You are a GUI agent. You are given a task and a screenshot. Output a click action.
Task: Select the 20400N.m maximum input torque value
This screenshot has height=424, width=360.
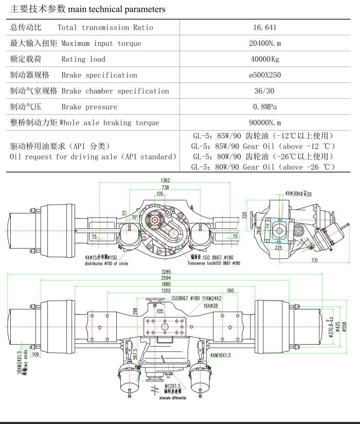[264, 43]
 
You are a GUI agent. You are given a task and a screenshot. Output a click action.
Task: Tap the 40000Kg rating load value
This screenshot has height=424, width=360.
[264, 59]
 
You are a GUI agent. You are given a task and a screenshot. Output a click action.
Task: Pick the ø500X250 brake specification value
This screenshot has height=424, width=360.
[264, 75]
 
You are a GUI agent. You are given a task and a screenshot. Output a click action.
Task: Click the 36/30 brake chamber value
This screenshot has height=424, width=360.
[264, 91]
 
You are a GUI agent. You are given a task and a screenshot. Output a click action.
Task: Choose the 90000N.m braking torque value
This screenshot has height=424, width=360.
[264, 123]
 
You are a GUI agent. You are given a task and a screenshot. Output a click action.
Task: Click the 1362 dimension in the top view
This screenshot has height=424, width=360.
[165, 181]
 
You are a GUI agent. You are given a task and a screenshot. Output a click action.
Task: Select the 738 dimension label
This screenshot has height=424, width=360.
[165, 188]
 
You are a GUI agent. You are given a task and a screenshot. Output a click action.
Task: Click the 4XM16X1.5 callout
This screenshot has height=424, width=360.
[222, 355]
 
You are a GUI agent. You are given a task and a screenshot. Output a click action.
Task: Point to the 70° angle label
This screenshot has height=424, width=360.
[134, 218]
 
